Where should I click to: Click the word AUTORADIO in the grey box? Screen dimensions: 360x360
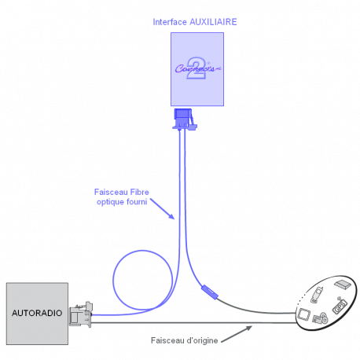pyautogui.click(x=37, y=313)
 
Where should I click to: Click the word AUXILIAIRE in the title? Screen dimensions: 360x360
pyautogui.click(x=213, y=22)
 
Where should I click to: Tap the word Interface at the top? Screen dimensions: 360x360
pyautogui.click(x=170, y=22)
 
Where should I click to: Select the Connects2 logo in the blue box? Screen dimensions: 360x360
pyautogui.click(x=198, y=68)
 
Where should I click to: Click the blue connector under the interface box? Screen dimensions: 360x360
pyautogui.click(x=185, y=119)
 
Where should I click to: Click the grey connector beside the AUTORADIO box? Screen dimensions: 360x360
pyautogui.click(x=81, y=314)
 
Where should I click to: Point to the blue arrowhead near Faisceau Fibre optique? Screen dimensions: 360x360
pyautogui.click(x=171, y=216)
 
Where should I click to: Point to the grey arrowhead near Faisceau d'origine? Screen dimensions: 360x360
pyautogui.click(x=248, y=328)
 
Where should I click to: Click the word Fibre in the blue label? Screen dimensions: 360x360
pyautogui.click(x=140, y=192)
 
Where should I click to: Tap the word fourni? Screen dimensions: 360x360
pyautogui.click(x=137, y=202)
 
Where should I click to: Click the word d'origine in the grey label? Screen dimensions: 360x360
pyautogui.click(x=202, y=340)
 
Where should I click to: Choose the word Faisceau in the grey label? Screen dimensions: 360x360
pyautogui.click(x=167, y=340)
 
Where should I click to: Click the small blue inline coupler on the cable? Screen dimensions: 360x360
pyautogui.click(x=210, y=292)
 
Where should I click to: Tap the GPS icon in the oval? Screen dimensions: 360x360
pyautogui.click(x=340, y=306)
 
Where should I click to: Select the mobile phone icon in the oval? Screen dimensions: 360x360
pyautogui.click(x=317, y=295)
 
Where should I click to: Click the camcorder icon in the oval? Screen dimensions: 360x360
pyautogui.click(x=320, y=318)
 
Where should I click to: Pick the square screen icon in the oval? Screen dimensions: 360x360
pyautogui.click(x=304, y=314)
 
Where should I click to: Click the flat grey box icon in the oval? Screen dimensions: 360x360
pyautogui.click(x=343, y=285)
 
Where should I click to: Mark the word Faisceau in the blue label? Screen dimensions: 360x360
pyautogui.click(x=111, y=192)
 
